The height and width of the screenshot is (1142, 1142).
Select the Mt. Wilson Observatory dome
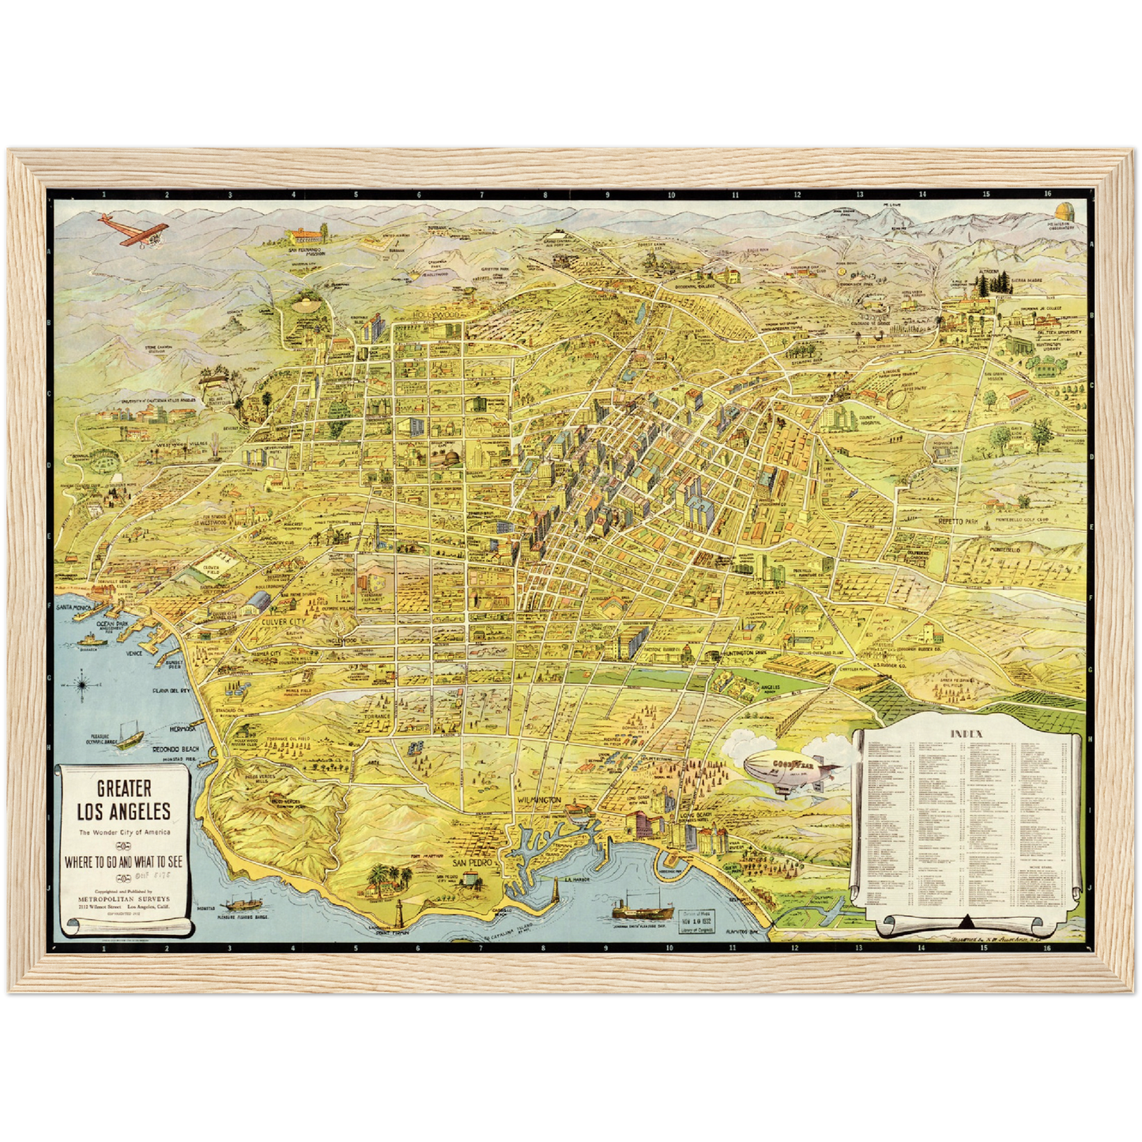pos(1065,213)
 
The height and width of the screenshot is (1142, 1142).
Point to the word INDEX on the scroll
pos(966,733)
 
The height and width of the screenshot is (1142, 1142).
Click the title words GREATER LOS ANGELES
pos(123,800)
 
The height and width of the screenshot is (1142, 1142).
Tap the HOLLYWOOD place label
pos(435,315)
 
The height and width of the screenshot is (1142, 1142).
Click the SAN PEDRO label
pos(471,863)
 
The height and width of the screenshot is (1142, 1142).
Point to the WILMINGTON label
pos(539,801)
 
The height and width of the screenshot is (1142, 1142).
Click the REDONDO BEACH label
pos(175,748)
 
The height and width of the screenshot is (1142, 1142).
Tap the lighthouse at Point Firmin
pos(399,915)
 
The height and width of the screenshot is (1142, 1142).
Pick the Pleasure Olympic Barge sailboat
pos(131,738)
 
